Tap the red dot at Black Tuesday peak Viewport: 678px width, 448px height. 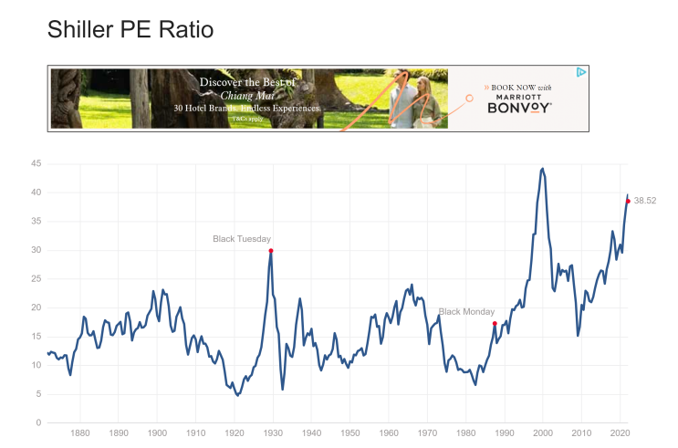271,250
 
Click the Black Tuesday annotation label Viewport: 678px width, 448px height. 242,239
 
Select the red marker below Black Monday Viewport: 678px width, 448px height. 495,324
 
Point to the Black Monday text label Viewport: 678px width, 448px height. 466,312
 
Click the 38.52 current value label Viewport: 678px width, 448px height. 644,201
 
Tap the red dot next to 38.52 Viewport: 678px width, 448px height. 628,201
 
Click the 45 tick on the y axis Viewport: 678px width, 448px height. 37,164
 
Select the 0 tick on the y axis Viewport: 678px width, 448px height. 39,423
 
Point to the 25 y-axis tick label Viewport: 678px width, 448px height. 37,279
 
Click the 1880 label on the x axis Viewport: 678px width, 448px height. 79,435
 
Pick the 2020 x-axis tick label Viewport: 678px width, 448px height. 621,435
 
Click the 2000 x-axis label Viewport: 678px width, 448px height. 543,435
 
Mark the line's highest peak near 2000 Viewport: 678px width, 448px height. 543,169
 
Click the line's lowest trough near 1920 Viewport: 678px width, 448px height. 237,395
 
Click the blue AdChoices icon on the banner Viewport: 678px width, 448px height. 581,72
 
